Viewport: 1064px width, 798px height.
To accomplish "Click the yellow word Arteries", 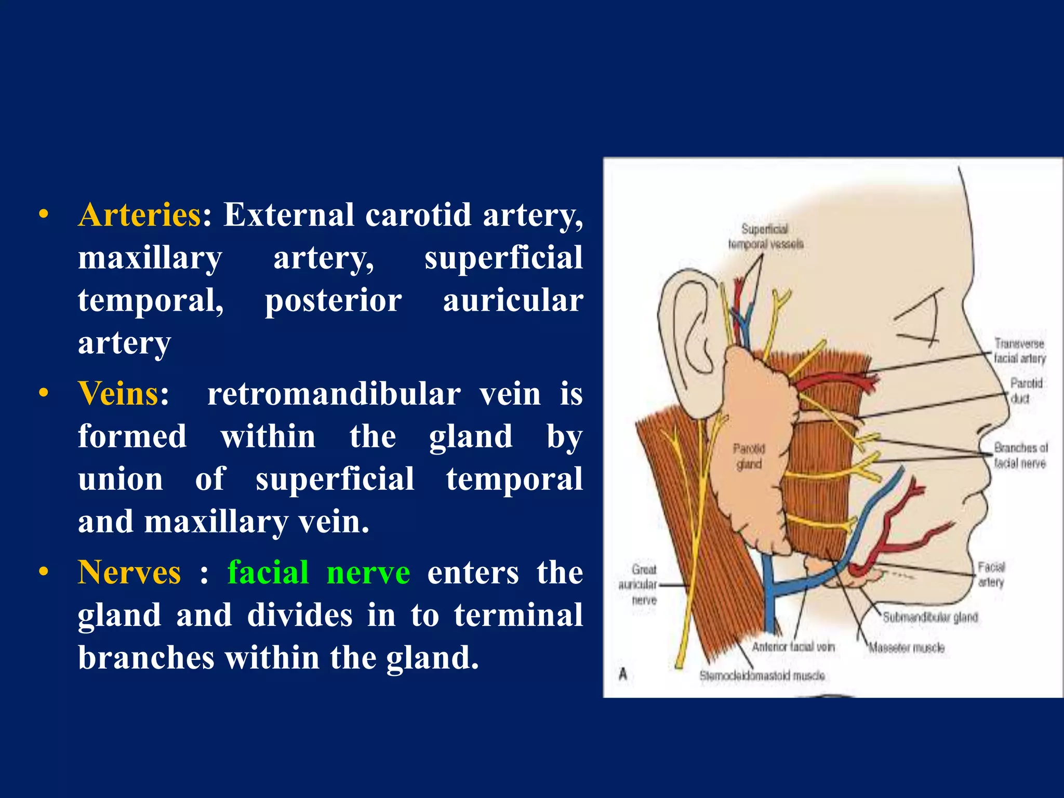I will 139,215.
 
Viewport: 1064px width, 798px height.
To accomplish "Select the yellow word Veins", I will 118,393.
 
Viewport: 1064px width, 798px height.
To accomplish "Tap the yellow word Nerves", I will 129,573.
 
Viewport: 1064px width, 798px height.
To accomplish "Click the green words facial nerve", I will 318,573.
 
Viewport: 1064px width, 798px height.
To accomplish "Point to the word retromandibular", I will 334,393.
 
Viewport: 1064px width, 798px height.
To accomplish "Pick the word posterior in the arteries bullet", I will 334,300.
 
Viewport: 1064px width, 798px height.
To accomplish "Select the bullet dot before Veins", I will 44,393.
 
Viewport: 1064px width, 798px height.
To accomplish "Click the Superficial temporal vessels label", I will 765,236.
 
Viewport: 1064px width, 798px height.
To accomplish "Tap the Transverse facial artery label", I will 1019,351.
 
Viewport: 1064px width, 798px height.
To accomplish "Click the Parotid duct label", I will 1026,391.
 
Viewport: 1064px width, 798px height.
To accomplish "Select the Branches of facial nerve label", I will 1020,455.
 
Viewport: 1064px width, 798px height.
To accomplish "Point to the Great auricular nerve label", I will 639,584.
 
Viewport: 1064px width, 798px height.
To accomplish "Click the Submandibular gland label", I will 930,617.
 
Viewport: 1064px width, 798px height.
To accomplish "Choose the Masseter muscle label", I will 907,648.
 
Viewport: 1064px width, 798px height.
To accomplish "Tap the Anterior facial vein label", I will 793,647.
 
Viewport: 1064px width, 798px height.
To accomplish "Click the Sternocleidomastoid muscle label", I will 762,675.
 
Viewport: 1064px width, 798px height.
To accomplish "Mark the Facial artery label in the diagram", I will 991,574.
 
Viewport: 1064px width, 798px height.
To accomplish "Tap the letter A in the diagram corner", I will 623,674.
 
